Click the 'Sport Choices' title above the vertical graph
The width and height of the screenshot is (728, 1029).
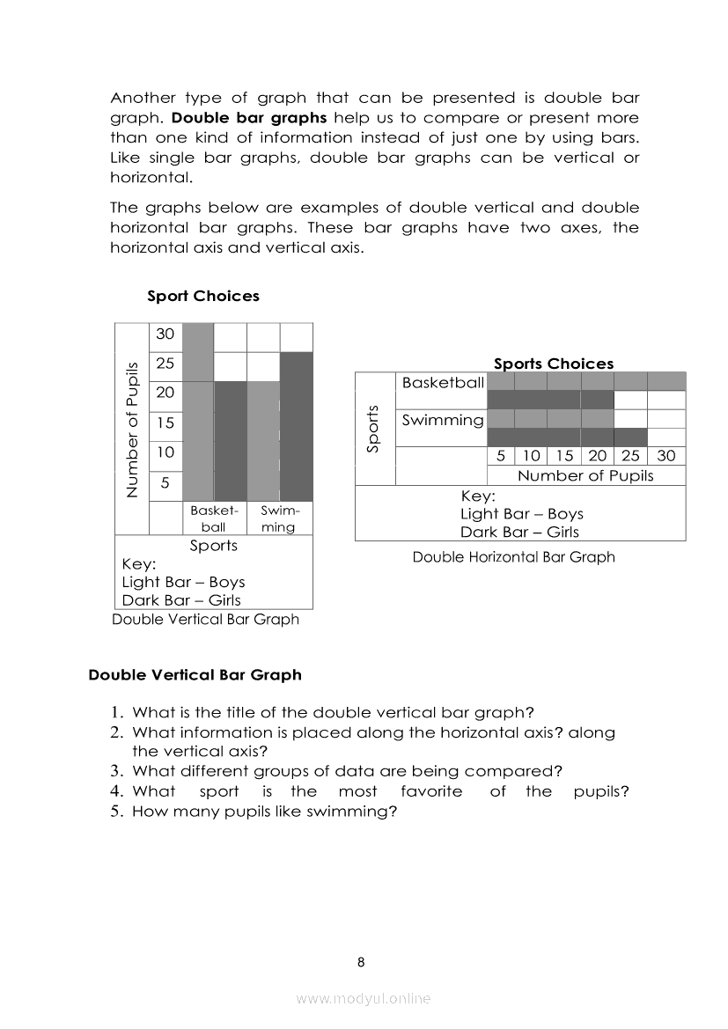tap(203, 296)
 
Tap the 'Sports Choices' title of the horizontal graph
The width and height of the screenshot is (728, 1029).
tap(554, 364)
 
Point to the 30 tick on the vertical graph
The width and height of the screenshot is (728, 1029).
tap(165, 334)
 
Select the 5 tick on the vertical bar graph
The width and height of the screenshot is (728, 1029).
tap(165, 482)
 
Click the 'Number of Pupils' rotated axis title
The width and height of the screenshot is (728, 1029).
tap(132, 429)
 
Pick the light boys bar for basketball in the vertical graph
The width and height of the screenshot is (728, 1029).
tap(198, 411)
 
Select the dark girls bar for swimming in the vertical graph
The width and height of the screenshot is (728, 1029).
tap(297, 426)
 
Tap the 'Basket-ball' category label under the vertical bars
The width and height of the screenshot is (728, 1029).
tap(214, 518)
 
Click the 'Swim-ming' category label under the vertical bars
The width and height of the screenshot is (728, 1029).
tap(280, 518)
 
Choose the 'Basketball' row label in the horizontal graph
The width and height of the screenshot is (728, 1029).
tap(443, 383)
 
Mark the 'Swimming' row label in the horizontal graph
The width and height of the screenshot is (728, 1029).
tap(443, 420)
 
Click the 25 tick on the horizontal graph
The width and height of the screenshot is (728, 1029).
tap(630, 456)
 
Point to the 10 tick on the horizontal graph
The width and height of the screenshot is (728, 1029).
tap(531, 456)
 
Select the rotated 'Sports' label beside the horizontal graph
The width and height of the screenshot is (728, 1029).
tap(372, 429)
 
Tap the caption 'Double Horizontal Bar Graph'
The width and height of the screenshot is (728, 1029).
tap(513, 556)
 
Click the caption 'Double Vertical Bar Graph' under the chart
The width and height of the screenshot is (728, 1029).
tap(206, 619)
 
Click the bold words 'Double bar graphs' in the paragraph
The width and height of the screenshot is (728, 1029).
tap(249, 118)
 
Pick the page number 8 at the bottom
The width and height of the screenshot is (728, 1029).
tap(361, 962)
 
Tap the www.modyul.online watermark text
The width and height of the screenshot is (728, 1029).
tap(364, 999)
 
